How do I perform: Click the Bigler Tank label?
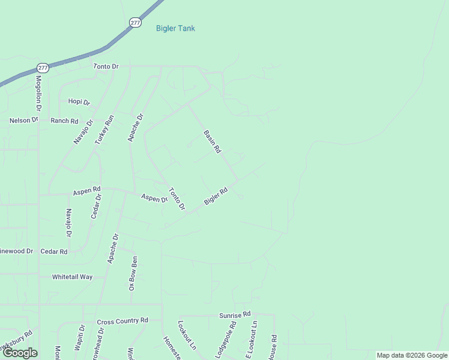[175, 28]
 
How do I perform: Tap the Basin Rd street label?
[212, 141]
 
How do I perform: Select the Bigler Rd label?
[216, 196]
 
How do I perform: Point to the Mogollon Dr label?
[38, 93]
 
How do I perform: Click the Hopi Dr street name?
[79, 102]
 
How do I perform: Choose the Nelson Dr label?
[23, 121]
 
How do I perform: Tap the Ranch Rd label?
[64, 121]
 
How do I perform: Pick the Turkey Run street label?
[104, 129]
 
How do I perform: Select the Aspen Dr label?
[154, 198]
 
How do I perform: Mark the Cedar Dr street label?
[95, 206]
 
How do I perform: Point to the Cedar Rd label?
[53, 251]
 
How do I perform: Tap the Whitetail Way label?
[72, 277]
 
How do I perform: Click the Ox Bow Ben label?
[134, 274]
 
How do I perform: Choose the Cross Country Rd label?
[122, 322]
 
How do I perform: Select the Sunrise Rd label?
[234, 315]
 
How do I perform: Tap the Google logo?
[20, 353]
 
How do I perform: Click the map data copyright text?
[412, 355]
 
